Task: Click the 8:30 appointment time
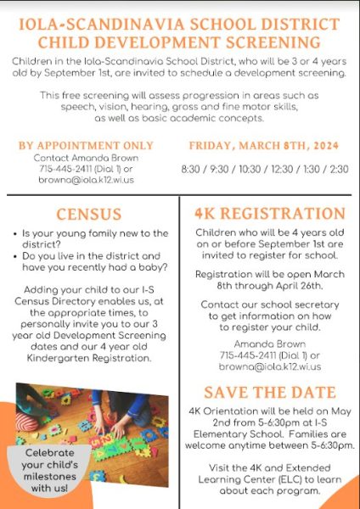(192, 169)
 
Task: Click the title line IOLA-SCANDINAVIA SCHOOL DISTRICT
(180, 25)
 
